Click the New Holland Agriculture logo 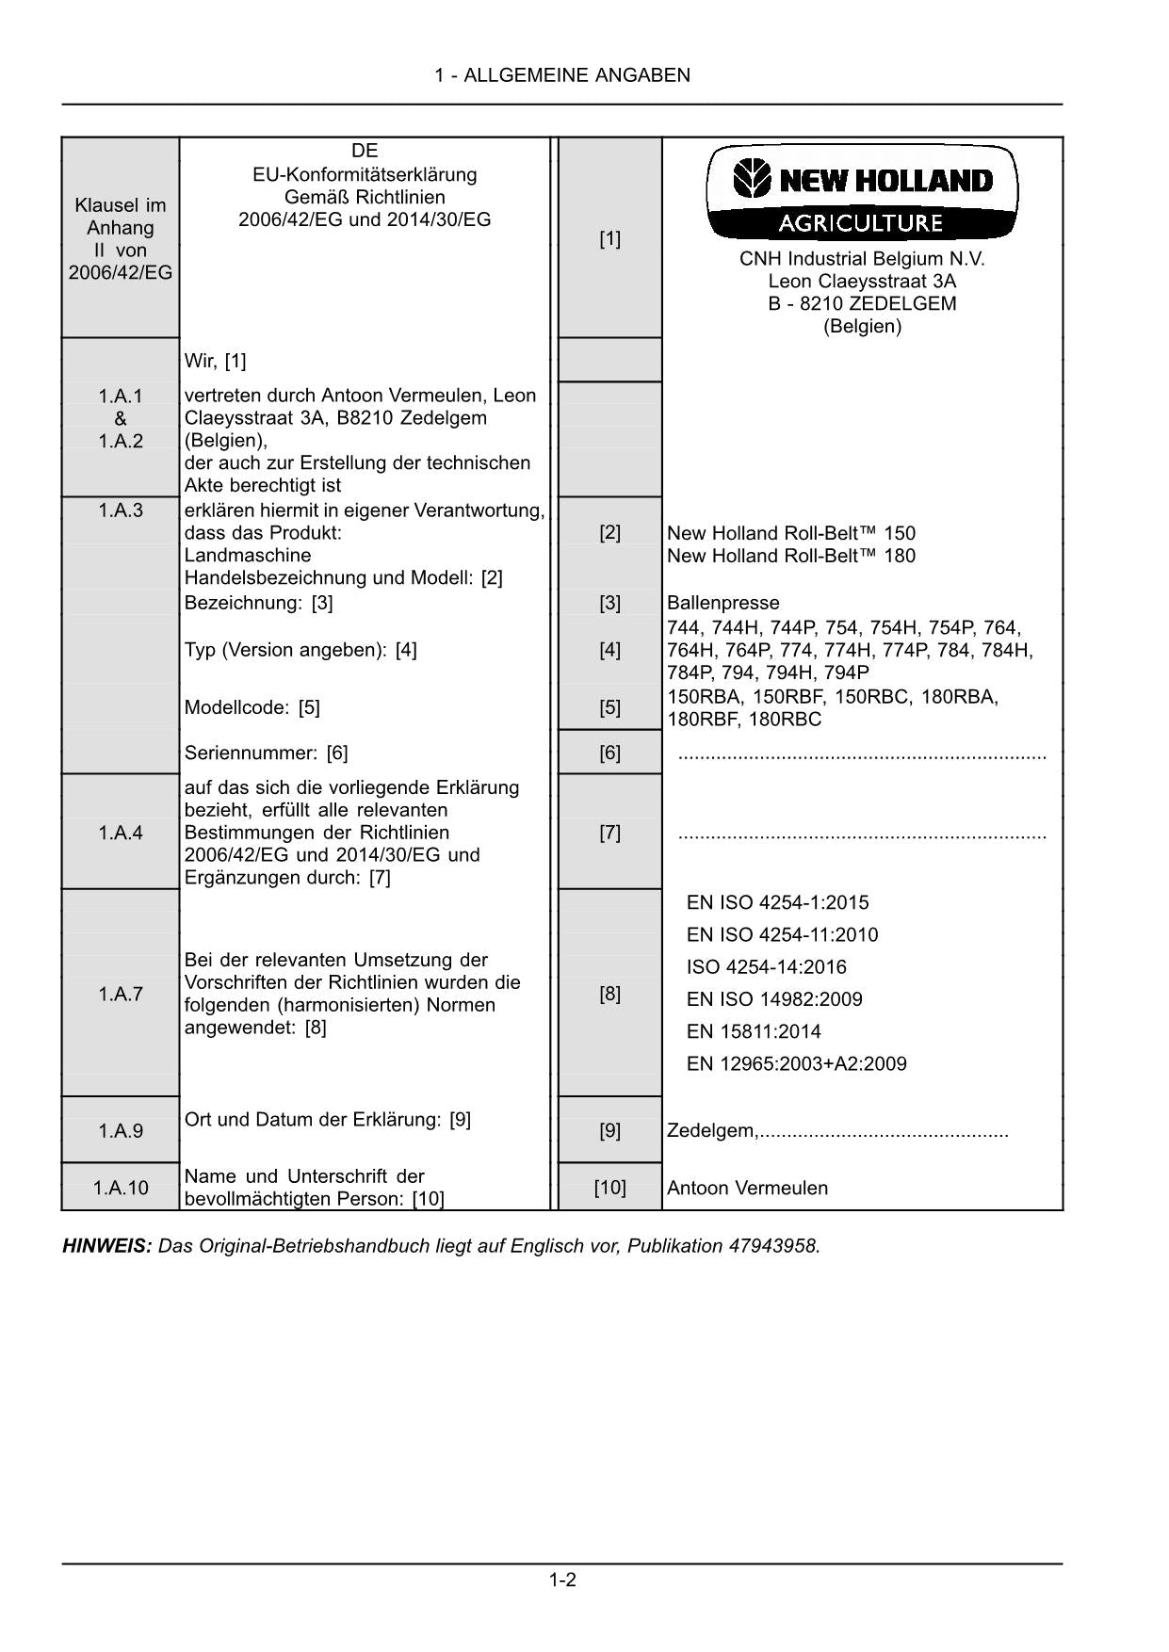click(862, 193)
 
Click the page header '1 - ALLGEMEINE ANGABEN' click(562, 75)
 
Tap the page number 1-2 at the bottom click(562, 1579)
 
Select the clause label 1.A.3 click(121, 510)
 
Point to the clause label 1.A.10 click(121, 1188)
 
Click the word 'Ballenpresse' click(723, 603)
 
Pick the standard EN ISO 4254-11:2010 click(782, 934)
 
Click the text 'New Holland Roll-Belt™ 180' click(790, 556)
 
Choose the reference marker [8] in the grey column click(609, 994)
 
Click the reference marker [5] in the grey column click(609, 707)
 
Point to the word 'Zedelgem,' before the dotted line click(712, 1130)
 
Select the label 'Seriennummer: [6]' click(266, 753)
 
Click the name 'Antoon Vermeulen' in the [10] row click(747, 1188)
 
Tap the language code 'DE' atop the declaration click(365, 151)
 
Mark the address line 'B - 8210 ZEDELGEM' click(862, 303)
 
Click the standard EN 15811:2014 click(754, 1031)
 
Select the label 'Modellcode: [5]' click(252, 707)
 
